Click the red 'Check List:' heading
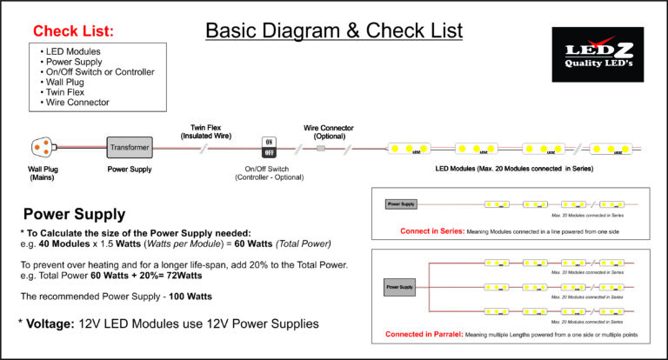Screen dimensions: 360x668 73,31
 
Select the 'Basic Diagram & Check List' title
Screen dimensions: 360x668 333,32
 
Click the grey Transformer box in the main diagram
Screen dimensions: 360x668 130,147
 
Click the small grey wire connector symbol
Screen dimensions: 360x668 321,148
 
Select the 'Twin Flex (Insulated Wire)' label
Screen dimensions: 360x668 211,131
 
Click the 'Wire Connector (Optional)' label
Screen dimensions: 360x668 327,131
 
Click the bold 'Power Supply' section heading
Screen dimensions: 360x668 74,214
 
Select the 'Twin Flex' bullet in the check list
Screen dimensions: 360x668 68,91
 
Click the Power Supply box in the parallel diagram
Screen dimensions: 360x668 401,286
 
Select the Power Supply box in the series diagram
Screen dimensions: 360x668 401,204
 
